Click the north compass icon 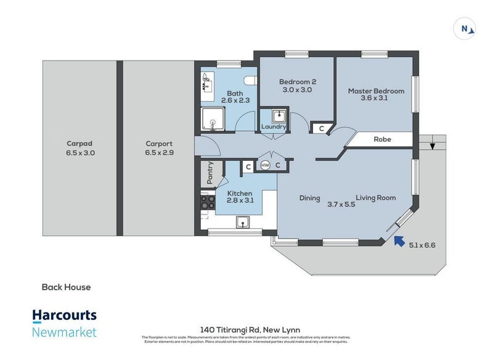pyautogui.click(x=464, y=28)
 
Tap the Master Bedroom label pyautogui.click(x=376, y=91)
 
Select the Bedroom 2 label pyautogui.click(x=298, y=82)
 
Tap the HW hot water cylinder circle pyautogui.click(x=266, y=165)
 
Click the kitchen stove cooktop pyautogui.click(x=206, y=203)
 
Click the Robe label pyautogui.click(x=382, y=139)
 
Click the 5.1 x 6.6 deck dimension pyautogui.click(x=423, y=245)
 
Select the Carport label pyautogui.click(x=159, y=144)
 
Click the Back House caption pyautogui.click(x=66, y=287)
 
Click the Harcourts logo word pyautogui.click(x=65, y=315)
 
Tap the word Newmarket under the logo pyautogui.click(x=65, y=333)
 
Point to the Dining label pyautogui.click(x=310, y=198)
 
